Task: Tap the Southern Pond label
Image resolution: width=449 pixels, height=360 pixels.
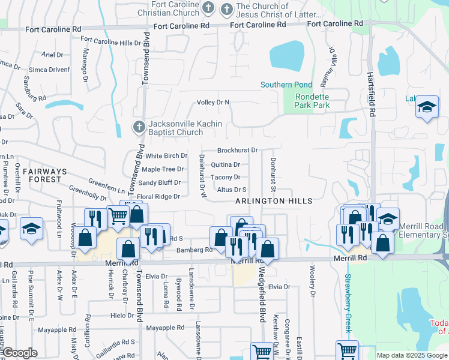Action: click(x=286, y=85)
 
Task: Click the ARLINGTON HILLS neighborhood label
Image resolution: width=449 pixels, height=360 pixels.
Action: click(x=274, y=200)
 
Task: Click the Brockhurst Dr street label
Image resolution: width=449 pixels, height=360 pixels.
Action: click(x=237, y=151)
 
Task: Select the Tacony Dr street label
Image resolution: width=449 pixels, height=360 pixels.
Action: click(x=226, y=178)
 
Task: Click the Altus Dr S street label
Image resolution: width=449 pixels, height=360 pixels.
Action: click(x=232, y=190)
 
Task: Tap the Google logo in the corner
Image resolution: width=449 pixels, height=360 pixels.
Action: click(x=19, y=353)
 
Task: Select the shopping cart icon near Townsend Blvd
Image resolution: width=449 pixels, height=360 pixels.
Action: click(x=118, y=217)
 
